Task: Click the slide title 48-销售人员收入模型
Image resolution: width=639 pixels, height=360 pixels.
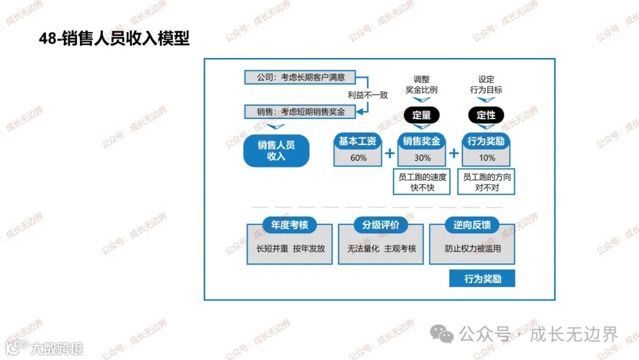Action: coord(114,39)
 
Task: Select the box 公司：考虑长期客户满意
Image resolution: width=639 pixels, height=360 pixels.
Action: coord(301,77)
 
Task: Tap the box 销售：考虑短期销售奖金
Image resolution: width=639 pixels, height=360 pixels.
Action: coord(301,111)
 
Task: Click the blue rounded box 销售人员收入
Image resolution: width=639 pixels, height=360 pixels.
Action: coord(276,150)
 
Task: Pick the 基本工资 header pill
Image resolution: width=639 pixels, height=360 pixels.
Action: coord(358,142)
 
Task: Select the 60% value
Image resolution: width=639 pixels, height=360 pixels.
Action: coord(359,158)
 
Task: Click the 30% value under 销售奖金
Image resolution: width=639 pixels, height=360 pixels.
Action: coord(422,158)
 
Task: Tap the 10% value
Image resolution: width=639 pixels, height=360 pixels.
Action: coord(486,158)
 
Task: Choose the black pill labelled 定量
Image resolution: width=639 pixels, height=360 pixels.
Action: coord(422,115)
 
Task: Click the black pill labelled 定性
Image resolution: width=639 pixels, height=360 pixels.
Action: coord(486,115)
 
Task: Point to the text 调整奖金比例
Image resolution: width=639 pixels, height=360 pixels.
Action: coord(422,85)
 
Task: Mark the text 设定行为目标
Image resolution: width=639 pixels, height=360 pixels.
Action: coord(486,85)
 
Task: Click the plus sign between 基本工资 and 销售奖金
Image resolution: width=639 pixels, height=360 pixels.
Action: coord(390,154)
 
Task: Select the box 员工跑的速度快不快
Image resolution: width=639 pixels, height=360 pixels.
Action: coord(422,182)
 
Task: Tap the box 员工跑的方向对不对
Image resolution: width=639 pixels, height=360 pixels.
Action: coord(486,182)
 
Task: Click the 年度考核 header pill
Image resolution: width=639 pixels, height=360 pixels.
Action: coord(290,226)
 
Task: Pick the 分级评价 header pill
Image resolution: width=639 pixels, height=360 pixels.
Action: coord(381,226)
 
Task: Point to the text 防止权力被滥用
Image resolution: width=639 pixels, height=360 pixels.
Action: coord(473,249)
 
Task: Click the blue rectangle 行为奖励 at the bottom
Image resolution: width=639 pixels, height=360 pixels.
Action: coord(482,278)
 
